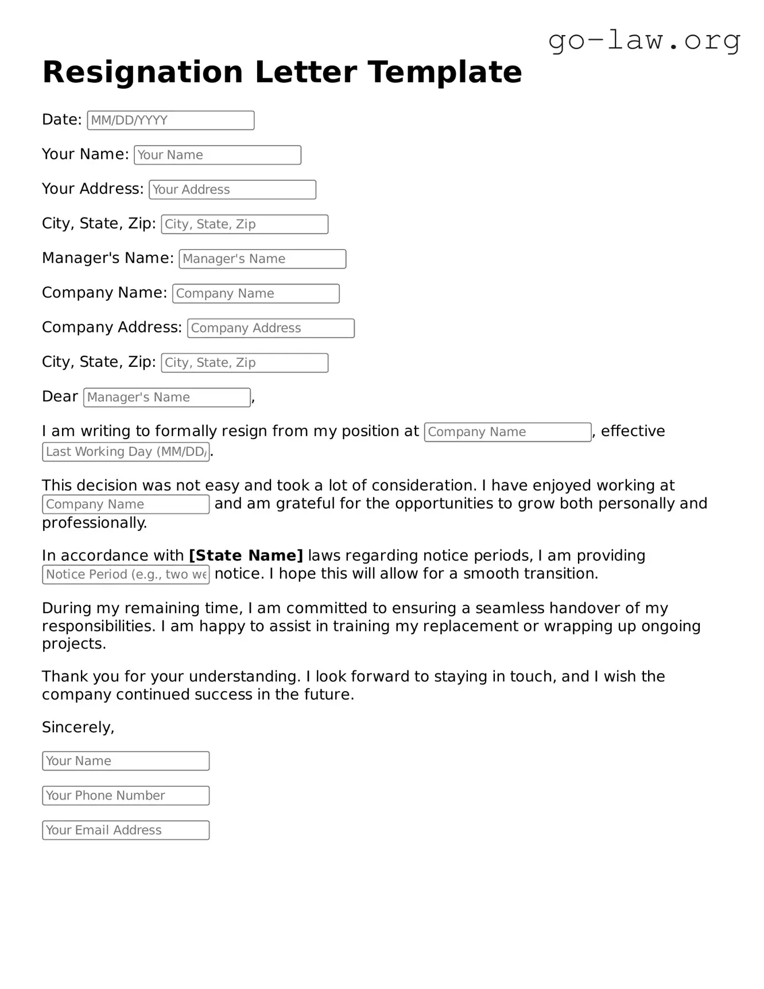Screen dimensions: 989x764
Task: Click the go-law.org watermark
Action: (644, 41)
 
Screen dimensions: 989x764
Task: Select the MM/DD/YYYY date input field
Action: (170, 121)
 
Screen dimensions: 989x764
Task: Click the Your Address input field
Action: (232, 190)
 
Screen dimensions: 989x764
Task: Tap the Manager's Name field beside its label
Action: (262, 259)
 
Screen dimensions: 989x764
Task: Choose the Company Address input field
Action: (270, 328)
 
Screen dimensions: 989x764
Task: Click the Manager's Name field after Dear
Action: (166, 398)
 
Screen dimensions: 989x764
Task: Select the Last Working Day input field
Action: (126, 452)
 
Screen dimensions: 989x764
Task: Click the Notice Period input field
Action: (126, 575)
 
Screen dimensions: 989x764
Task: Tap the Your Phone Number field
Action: (126, 796)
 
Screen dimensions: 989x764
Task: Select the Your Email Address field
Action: (126, 831)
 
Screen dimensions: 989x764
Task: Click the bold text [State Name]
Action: (246, 556)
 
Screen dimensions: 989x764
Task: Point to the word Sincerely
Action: (78, 727)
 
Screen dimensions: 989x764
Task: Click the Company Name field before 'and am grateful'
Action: (126, 505)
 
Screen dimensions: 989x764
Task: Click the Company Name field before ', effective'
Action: (507, 432)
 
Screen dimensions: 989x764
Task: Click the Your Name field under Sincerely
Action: (126, 761)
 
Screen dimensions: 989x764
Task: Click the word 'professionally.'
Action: (95, 523)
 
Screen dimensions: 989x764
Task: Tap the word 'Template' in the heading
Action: (445, 72)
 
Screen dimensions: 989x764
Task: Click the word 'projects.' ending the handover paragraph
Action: (74, 644)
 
